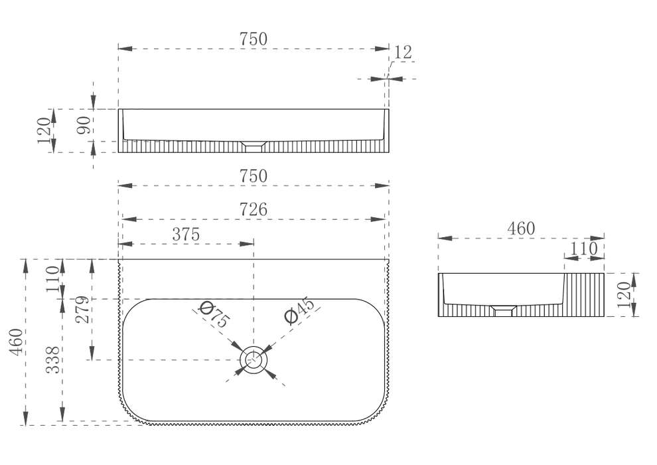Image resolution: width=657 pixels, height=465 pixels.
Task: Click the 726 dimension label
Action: (253, 209)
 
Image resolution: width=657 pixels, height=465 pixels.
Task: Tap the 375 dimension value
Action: (186, 234)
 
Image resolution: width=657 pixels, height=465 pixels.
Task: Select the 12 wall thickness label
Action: (403, 52)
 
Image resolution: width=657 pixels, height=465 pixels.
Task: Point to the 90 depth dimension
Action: (84, 126)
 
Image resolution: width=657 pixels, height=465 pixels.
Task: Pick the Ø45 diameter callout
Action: (299, 310)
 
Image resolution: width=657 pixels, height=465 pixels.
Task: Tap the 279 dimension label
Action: (82, 310)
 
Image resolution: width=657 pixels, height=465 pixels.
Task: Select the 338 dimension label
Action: (53, 360)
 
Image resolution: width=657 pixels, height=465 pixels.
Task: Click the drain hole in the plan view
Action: (254, 360)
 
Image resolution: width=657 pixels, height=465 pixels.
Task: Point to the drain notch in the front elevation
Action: (254, 145)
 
